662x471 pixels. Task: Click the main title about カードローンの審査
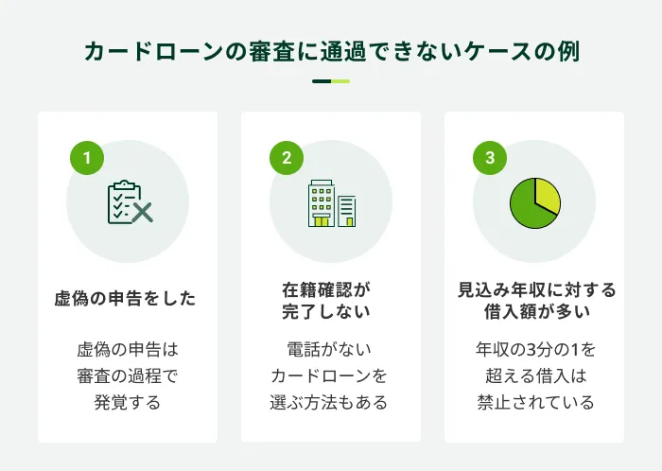[331, 51]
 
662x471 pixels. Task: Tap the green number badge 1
[87, 158]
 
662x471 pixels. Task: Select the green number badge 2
[287, 158]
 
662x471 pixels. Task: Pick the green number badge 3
[490, 158]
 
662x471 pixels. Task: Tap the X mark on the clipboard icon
[142, 212]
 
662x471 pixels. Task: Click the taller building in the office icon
[322, 203]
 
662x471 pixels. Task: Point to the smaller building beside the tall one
[347, 211]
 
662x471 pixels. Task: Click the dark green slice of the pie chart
[528, 207]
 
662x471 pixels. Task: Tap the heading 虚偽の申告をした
[126, 298]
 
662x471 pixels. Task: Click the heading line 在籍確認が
[326, 290]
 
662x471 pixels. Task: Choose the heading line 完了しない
[326, 311]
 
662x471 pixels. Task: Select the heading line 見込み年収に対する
[537, 290]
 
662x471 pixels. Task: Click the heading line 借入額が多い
[537, 311]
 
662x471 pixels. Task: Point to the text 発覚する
[128, 402]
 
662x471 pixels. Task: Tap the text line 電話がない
[329, 349]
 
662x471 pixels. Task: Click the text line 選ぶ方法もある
[329, 402]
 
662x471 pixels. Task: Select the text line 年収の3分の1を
[535, 349]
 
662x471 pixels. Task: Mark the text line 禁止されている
[535, 402]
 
